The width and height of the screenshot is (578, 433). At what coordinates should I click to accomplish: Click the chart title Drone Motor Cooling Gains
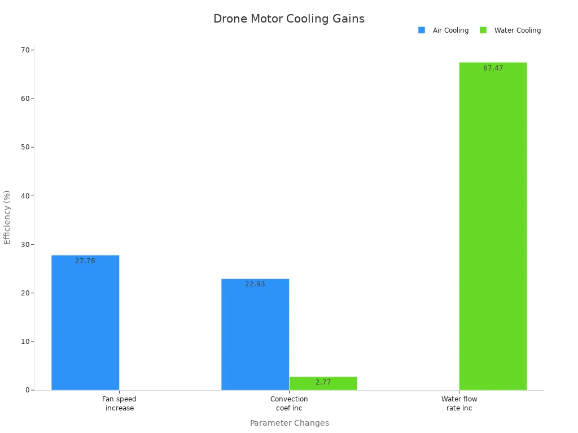[x=289, y=19]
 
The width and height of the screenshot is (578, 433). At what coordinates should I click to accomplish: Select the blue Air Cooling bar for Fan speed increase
[x=85, y=324]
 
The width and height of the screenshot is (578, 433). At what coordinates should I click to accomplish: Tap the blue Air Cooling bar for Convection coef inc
[x=255, y=335]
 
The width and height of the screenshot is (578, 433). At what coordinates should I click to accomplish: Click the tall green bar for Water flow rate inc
[x=493, y=226]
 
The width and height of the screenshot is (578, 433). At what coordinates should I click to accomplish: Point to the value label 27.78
[x=85, y=261]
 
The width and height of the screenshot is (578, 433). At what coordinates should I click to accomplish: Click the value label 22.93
[x=255, y=284]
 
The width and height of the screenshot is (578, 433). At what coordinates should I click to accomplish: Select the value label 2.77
[x=323, y=382]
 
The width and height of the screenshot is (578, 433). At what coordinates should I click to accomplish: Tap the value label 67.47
[x=493, y=68]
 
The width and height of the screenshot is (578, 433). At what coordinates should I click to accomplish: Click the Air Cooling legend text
[x=450, y=30]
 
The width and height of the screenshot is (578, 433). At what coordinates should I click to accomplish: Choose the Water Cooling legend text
[x=517, y=30]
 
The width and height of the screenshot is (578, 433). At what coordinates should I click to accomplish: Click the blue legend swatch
[x=422, y=30]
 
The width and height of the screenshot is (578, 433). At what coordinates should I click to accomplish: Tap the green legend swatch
[x=483, y=30]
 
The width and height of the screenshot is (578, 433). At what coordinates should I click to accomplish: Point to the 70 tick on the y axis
[x=25, y=50]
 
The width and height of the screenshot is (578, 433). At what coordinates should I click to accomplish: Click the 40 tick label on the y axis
[x=25, y=196]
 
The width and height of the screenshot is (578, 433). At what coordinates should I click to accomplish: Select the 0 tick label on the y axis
[x=27, y=390]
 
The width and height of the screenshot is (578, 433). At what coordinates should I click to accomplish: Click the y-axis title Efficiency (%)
[x=7, y=217]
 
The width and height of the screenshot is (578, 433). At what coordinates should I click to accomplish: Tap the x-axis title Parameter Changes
[x=289, y=423]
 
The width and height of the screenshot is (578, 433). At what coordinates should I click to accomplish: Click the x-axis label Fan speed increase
[x=119, y=404]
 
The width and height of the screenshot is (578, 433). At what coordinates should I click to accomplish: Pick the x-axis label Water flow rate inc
[x=459, y=404]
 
